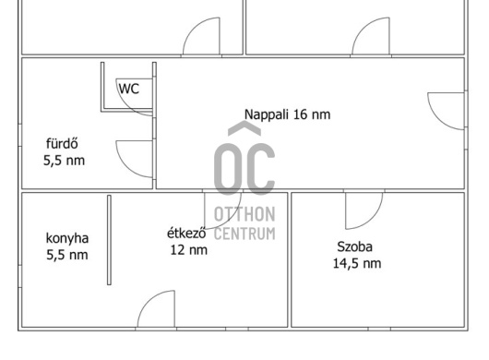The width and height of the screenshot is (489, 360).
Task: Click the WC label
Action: coord(129,89)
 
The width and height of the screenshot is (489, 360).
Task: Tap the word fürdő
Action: coord(62,144)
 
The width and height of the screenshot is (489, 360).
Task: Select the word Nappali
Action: coord(266,114)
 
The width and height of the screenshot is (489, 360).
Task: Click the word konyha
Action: coord(67,238)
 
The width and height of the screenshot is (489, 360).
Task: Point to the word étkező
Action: coord(186,233)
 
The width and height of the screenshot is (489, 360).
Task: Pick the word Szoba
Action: coord(354,246)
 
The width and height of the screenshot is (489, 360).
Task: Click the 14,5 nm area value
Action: coord(357,263)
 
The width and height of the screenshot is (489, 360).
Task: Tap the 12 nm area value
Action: coord(188,250)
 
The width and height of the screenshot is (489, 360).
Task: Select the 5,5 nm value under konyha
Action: coord(67,255)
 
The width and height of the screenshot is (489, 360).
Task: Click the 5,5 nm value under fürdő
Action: coord(64,161)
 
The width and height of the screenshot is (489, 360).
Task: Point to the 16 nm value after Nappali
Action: coord(312,114)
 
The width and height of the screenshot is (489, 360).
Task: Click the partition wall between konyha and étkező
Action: coord(109,240)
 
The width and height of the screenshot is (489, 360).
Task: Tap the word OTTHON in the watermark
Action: coord(244,214)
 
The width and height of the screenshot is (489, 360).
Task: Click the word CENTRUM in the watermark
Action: coord(244,234)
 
